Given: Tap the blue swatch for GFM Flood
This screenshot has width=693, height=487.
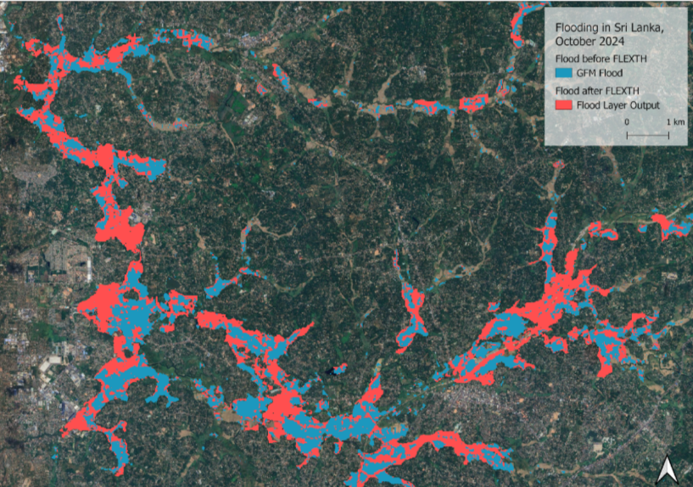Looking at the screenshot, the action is pos(561,74).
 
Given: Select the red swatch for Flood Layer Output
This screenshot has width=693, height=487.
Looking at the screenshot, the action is pos(561,106).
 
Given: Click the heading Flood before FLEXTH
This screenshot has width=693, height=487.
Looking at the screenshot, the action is pos(598,59).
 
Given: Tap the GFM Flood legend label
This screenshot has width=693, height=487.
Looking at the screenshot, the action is pos(598,74).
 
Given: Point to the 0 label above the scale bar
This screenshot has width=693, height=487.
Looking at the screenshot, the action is pos(628,123).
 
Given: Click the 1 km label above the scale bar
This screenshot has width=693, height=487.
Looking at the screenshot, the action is pos(675,123).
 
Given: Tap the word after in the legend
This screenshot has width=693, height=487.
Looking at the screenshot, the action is pos(591,90).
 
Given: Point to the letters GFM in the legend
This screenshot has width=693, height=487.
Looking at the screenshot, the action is pos(584,74).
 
